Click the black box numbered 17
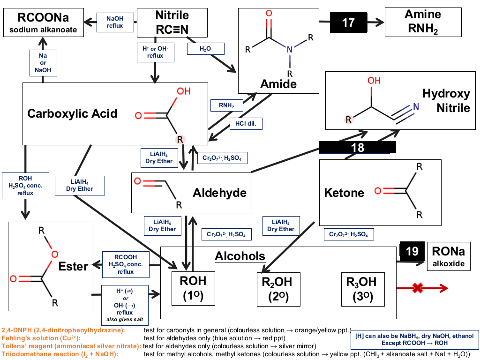click(x=348, y=22)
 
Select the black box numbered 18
click(x=357, y=147)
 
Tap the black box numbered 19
click(x=412, y=251)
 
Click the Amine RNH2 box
click(x=423, y=22)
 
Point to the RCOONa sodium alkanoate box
click(x=44, y=22)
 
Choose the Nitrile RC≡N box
click(x=172, y=22)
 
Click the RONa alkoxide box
click(x=449, y=256)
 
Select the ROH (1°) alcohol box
click(x=193, y=288)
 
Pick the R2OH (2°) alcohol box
click(x=278, y=289)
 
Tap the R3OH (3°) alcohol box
click(x=363, y=289)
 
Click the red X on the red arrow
click(x=418, y=288)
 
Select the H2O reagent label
click(x=205, y=49)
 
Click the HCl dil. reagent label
click(x=246, y=124)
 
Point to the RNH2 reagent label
click(x=226, y=105)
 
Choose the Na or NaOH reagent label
click(x=43, y=63)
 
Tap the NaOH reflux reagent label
click(x=115, y=22)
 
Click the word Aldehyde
click(x=219, y=193)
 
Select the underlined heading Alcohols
click(x=240, y=256)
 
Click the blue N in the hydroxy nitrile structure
click(x=416, y=106)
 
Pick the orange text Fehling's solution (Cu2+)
click(x=41, y=338)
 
